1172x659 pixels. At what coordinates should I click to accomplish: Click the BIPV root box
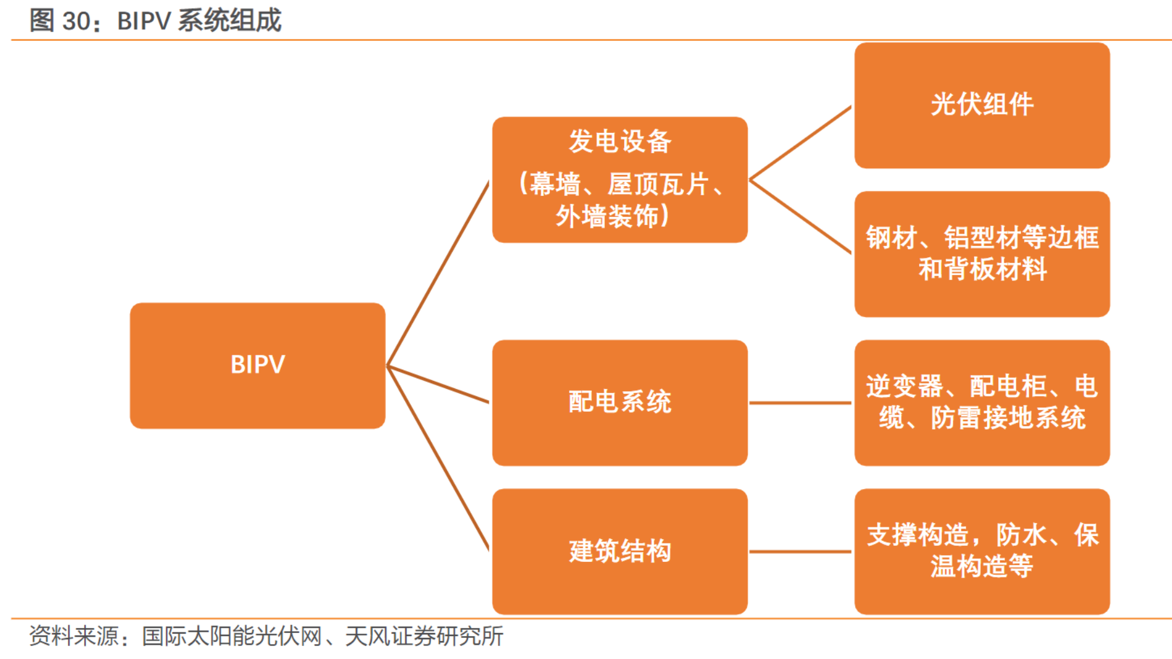click(x=257, y=365)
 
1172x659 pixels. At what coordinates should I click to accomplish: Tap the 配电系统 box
click(x=620, y=402)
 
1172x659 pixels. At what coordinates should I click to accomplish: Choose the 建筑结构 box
click(x=620, y=551)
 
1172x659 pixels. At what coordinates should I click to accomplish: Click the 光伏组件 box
click(x=982, y=105)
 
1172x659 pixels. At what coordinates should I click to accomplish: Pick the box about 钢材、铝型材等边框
click(x=982, y=253)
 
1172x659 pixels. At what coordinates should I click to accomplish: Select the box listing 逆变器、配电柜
click(x=982, y=402)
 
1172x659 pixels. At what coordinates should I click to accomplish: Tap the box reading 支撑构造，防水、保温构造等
click(x=982, y=551)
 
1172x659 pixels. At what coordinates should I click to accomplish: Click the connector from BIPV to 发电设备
click(x=438, y=273)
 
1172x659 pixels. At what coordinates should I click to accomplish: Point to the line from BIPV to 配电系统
click(x=438, y=384)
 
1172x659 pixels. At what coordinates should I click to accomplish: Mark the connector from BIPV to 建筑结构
click(x=438, y=458)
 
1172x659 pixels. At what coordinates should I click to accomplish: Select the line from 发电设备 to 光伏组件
click(x=800, y=143)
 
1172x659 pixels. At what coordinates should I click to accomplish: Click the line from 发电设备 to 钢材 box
click(x=800, y=216)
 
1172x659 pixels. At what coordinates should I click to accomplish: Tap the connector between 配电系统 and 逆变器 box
click(x=800, y=403)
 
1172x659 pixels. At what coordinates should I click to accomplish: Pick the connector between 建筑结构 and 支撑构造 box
click(x=800, y=551)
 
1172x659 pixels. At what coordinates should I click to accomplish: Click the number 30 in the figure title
click(x=76, y=21)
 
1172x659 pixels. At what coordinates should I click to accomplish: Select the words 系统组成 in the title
click(x=229, y=21)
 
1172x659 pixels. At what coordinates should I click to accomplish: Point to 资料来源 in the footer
click(x=74, y=636)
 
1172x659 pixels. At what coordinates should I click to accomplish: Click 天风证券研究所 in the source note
click(x=424, y=636)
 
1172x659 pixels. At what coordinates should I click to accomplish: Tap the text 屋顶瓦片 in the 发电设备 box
click(x=658, y=184)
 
